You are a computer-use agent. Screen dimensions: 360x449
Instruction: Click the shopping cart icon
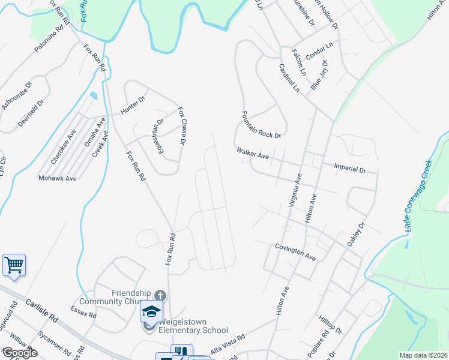click(14, 265)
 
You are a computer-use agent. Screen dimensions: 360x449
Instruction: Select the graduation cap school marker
click(151, 312)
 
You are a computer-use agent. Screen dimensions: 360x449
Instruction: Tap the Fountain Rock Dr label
click(261, 125)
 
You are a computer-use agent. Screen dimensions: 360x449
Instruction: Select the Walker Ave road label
click(252, 154)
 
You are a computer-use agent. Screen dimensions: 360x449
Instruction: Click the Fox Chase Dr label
click(181, 126)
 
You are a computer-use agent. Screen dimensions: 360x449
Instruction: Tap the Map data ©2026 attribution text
click(423, 355)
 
